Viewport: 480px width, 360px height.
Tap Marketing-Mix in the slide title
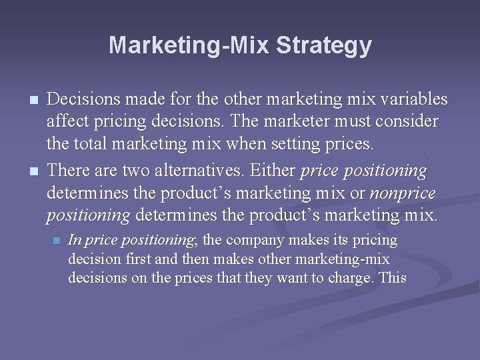tap(189, 46)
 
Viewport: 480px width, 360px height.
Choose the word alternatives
tap(206, 171)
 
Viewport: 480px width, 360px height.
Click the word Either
tap(273, 171)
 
